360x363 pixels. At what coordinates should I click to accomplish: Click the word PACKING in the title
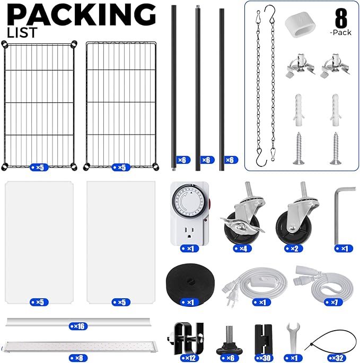(81, 15)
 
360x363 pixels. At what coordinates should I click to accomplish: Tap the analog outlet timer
(190, 214)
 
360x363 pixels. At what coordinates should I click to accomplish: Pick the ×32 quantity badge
(338, 358)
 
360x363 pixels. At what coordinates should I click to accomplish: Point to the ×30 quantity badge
(264, 358)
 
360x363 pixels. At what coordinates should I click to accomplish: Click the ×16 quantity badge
(78, 326)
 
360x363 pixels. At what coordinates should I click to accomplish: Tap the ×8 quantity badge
(78, 358)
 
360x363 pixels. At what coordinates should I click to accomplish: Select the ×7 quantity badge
(333, 302)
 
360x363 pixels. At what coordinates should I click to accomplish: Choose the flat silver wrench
(293, 339)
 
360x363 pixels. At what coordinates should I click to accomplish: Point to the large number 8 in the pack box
(341, 19)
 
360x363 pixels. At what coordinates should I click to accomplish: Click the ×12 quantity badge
(190, 358)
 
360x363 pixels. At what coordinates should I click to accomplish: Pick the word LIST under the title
(22, 32)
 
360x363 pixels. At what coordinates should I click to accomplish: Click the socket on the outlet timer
(189, 232)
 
